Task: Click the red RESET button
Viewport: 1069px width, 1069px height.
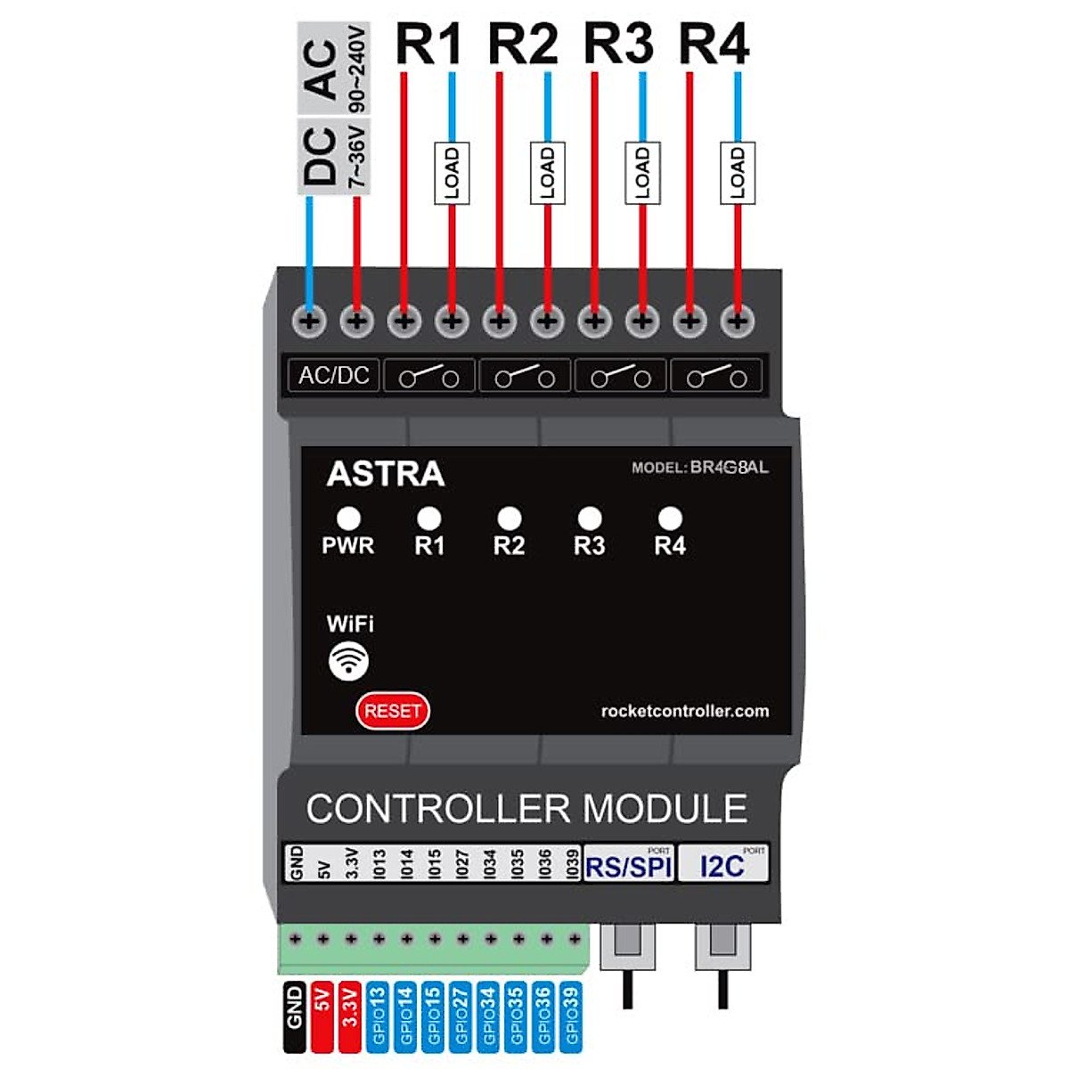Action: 392,711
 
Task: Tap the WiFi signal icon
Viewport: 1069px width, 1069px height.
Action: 348,660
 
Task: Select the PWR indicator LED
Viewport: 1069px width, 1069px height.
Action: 348,518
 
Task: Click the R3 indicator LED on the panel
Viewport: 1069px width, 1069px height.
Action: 589,518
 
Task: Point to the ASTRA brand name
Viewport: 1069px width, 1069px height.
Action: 385,474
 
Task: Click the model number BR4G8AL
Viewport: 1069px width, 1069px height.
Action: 729,468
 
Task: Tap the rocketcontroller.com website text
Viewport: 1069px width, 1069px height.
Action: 684,711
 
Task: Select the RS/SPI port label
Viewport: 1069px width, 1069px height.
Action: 628,866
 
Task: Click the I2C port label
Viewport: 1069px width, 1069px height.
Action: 722,866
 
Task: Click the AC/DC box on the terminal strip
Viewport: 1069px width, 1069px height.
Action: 334,375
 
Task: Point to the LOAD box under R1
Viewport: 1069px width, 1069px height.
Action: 452,173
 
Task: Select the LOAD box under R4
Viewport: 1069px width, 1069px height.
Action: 738,173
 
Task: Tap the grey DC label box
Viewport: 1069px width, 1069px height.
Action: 319,155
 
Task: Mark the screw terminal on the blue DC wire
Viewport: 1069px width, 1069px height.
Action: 309,322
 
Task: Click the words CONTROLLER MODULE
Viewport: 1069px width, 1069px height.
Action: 526,809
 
